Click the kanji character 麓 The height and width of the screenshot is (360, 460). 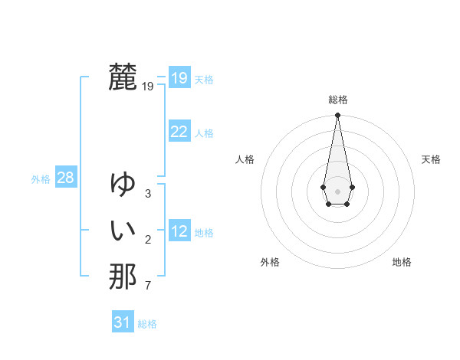tap(123, 77)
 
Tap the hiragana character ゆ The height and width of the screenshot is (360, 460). tap(123, 184)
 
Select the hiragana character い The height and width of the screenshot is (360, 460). tap(123, 230)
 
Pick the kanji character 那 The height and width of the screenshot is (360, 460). tap(123, 276)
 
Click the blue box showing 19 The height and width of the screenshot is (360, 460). tap(179, 78)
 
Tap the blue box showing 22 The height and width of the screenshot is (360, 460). tap(179, 132)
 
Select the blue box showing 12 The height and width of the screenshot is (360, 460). tap(179, 231)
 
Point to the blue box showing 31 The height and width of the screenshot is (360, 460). tap(123, 322)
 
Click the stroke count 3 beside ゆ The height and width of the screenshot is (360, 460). tap(148, 194)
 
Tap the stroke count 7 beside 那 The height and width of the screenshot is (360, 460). tap(148, 286)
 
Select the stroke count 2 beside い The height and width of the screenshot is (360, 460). tap(148, 241)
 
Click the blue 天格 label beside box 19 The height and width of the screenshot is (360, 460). tap(204, 80)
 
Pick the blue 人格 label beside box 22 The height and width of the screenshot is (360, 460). tap(204, 133)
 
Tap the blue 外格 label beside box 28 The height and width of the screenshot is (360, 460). tap(41, 179)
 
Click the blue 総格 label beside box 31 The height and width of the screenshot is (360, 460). tap(147, 324)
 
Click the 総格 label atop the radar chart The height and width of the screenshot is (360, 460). tap(338, 100)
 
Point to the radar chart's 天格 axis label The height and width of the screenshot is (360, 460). tap(432, 159)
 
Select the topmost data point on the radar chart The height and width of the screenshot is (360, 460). tap(337, 116)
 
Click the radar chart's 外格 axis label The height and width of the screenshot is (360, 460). tap(270, 262)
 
